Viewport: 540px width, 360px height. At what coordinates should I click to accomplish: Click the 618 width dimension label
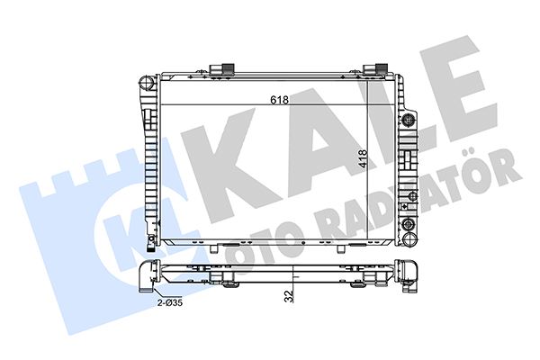click(x=279, y=100)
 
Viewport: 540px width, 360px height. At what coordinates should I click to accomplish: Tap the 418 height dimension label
click(x=363, y=159)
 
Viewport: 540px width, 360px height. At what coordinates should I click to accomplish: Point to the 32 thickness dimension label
click(x=290, y=296)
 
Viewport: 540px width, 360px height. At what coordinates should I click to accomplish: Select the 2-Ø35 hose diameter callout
click(x=170, y=303)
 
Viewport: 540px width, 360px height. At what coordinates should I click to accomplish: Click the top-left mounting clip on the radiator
click(x=222, y=69)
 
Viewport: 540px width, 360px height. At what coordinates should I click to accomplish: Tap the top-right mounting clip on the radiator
click(x=375, y=69)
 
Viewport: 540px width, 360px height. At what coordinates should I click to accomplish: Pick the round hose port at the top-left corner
click(x=146, y=83)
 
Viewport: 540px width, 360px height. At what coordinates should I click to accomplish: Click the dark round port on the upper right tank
click(x=409, y=121)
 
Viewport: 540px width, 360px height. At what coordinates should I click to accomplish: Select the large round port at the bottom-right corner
click(x=410, y=238)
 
